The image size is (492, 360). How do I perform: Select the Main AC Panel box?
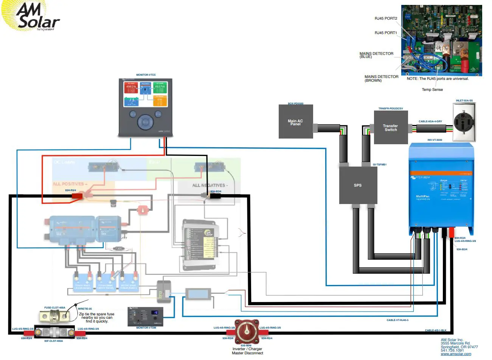click(x=295, y=122)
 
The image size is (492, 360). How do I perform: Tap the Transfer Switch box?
click(x=390, y=128)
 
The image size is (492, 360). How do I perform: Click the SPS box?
click(x=358, y=185)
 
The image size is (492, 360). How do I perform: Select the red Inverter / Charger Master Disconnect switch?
click(x=247, y=332)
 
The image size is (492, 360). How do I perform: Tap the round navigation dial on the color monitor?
click(x=146, y=122)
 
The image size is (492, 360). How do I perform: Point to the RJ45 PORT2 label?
click(x=386, y=19)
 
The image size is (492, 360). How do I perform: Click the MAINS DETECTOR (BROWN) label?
click(x=381, y=78)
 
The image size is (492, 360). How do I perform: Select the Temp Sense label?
click(x=432, y=90)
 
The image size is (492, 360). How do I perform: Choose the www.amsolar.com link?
click(x=456, y=354)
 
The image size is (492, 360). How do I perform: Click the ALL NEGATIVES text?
click(x=210, y=185)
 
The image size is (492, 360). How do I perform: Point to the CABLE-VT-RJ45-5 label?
click(x=397, y=320)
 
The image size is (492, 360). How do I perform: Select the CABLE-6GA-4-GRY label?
click(x=430, y=122)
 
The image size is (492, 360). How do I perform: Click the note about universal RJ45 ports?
click(x=438, y=79)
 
